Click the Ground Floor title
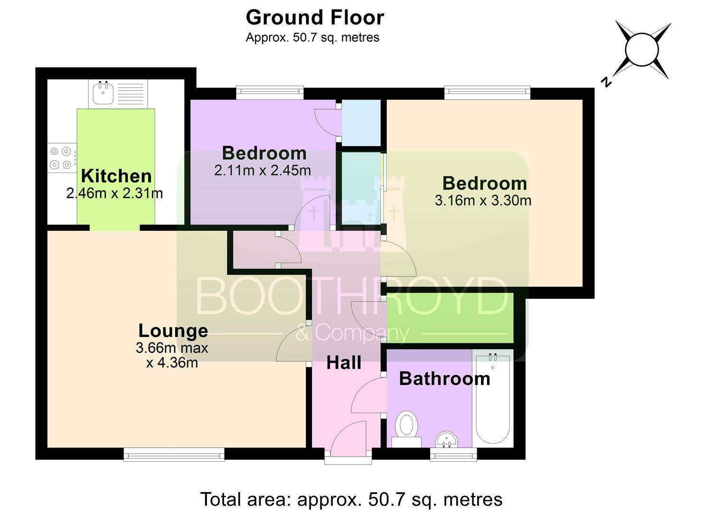point(315,18)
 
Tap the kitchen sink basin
point(103,92)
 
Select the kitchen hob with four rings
point(62,158)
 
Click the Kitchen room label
point(116,176)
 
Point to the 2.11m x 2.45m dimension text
point(263,171)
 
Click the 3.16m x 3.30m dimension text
point(483,201)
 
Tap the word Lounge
point(173,331)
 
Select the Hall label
point(344,363)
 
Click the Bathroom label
point(445,379)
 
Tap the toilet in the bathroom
point(406,429)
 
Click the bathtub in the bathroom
point(493,398)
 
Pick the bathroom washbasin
point(447,439)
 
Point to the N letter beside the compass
point(606,82)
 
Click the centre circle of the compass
point(642,50)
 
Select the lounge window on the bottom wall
point(174,454)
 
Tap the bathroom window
point(453,454)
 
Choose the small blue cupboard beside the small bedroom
point(361,123)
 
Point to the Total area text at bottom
point(351,499)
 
